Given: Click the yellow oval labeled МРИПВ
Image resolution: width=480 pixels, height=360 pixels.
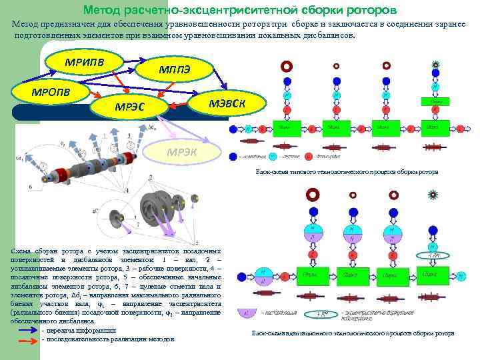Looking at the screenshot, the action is click(x=84, y=63).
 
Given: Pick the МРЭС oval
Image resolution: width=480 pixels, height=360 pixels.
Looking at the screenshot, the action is click(x=131, y=106).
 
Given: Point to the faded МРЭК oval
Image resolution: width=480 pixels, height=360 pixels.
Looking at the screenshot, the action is click(x=182, y=151).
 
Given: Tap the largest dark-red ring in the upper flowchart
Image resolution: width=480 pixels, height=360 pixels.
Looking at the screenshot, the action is click(x=287, y=66).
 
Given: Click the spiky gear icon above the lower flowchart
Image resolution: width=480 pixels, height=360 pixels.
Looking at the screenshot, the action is click(x=434, y=195).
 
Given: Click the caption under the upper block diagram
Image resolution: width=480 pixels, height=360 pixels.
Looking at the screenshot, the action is click(x=347, y=172).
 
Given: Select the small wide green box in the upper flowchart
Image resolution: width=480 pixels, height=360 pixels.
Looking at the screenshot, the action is click(x=438, y=101).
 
